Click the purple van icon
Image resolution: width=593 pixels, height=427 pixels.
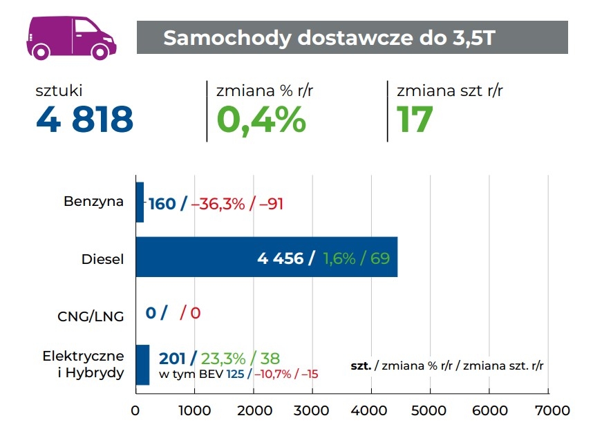click(x=71, y=38)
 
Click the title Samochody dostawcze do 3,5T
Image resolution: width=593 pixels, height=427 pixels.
click(x=328, y=37)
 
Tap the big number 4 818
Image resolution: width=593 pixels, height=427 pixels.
click(x=84, y=120)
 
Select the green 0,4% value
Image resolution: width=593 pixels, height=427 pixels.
click(x=261, y=120)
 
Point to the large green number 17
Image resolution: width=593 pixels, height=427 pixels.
click(x=415, y=120)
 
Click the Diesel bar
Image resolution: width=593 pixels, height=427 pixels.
click(x=266, y=257)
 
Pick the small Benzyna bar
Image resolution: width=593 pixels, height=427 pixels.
click(x=140, y=202)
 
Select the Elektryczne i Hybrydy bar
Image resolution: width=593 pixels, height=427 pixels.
click(x=142, y=364)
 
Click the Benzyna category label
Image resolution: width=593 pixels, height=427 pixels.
click(x=93, y=202)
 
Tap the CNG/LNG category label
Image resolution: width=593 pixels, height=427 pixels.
click(x=91, y=316)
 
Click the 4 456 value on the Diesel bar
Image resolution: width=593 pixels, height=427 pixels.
click(x=281, y=258)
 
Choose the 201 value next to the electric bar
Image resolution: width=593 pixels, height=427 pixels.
click(x=172, y=358)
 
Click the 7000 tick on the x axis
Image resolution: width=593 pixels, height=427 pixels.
click(x=548, y=410)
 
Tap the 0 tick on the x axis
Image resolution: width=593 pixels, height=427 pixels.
click(x=135, y=410)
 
